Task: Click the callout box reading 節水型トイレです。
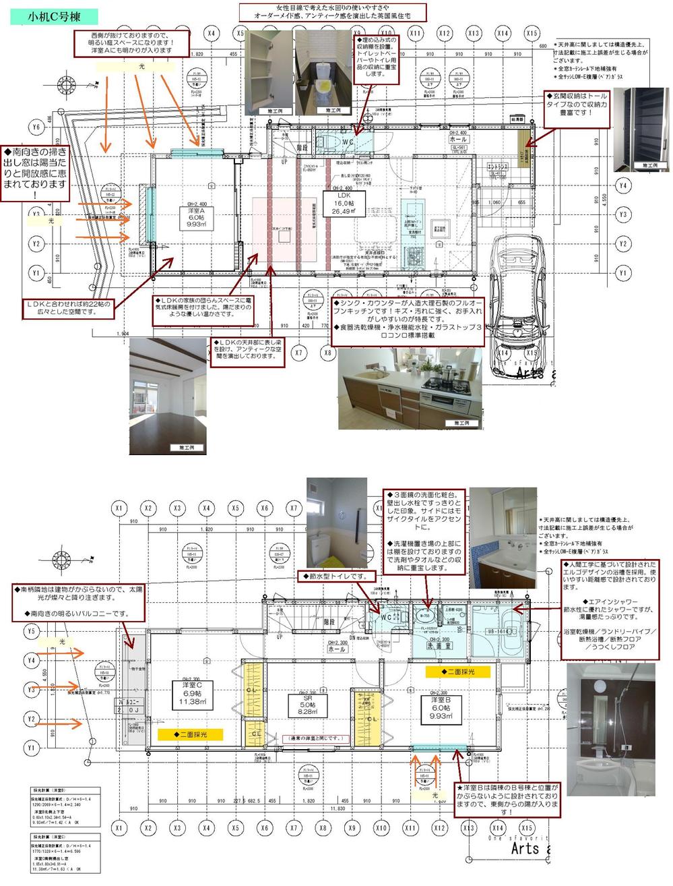pos(335,577)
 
